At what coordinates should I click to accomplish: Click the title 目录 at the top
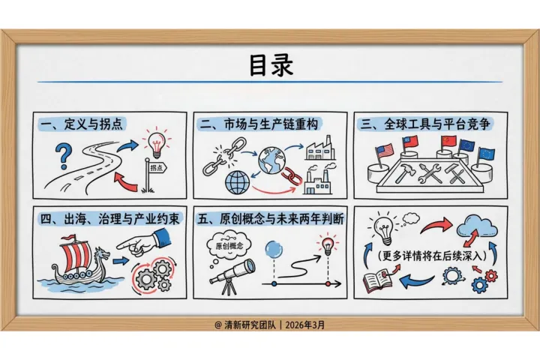tap(271, 65)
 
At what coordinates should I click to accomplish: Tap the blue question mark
tap(64, 156)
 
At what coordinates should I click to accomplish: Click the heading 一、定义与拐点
tap(81, 124)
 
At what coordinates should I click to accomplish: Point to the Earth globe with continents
tap(272, 160)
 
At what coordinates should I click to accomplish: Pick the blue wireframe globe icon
tap(237, 182)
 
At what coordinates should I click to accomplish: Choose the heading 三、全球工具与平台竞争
tap(425, 124)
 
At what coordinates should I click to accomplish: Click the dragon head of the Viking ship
tap(101, 255)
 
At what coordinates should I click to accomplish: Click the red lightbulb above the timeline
tap(328, 245)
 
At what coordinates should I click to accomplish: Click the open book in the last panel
tap(377, 281)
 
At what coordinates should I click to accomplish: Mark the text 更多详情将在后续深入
tap(432, 256)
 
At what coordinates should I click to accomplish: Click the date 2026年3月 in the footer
tap(304, 325)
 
